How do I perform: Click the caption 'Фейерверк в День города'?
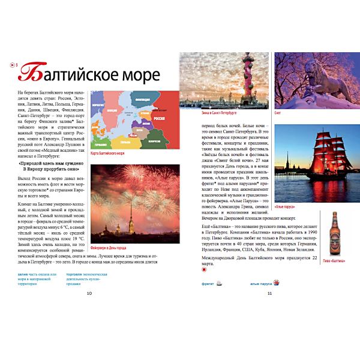[x=108, y=247]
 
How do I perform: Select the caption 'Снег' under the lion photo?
[x=277, y=112]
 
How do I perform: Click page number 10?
[x=89, y=293]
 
